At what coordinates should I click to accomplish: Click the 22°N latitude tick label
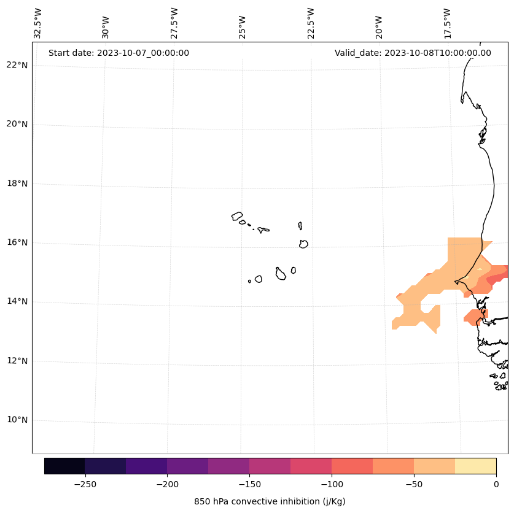click(x=17, y=65)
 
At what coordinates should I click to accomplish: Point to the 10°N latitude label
click(x=17, y=420)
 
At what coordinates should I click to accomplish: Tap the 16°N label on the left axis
click(x=17, y=242)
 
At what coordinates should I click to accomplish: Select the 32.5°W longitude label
click(x=37, y=23)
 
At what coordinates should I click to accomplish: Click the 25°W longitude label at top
click(x=242, y=27)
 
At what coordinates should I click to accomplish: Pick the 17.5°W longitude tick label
click(x=448, y=23)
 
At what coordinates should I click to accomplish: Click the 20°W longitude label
click(x=379, y=27)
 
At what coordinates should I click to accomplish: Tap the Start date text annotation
click(x=119, y=53)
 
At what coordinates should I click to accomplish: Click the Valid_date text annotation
click(x=413, y=53)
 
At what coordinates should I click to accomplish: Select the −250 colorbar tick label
click(x=85, y=484)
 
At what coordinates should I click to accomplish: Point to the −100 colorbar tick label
click(x=332, y=484)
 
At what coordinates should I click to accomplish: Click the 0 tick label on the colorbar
click(x=496, y=484)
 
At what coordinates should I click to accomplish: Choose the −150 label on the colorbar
click(x=249, y=484)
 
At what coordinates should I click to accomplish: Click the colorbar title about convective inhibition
click(x=270, y=501)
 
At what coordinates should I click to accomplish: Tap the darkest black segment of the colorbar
click(x=64, y=466)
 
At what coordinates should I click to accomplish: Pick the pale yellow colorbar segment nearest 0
click(x=476, y=466)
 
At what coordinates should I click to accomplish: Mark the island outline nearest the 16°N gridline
click(x=303, y=244)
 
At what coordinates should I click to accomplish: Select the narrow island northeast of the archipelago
click(x=300, y=226)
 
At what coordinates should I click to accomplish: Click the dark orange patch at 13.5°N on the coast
click(x=476, y=317)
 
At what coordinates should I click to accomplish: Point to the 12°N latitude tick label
click(x=17, y=361)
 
